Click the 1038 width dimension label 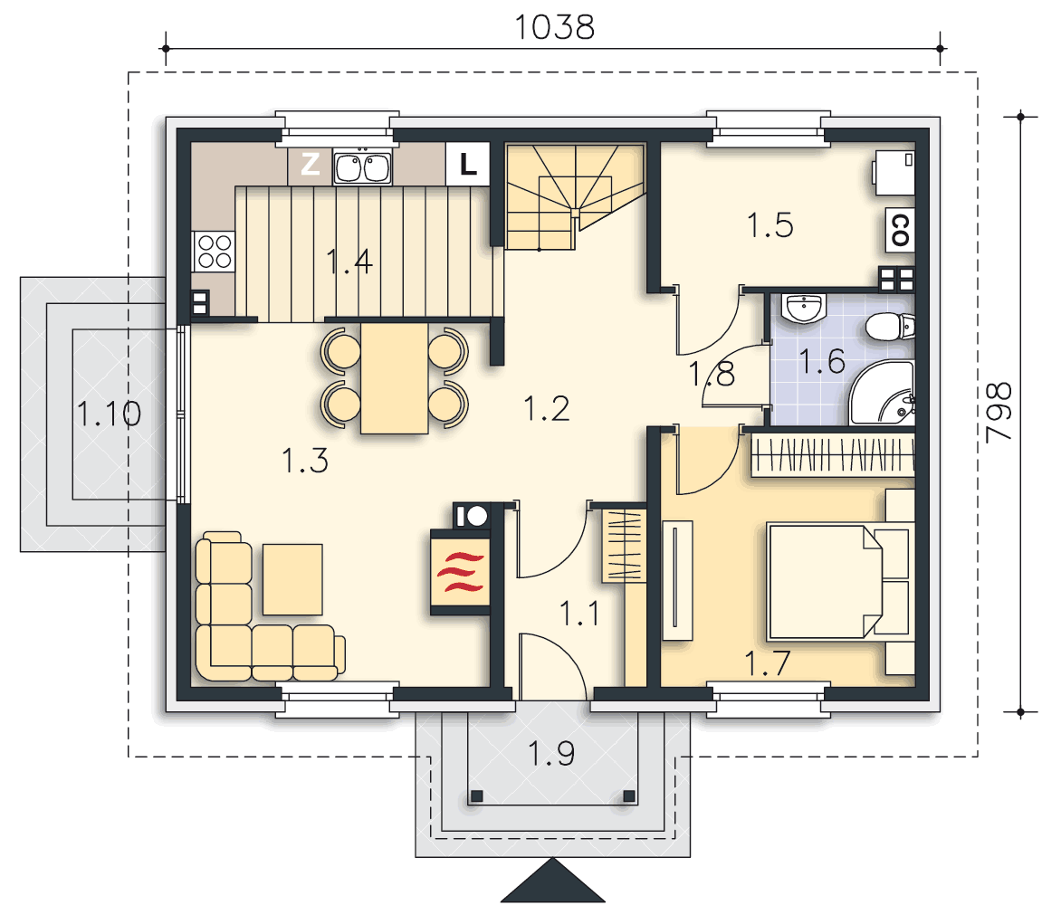[554, 28]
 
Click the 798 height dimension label [999, 412]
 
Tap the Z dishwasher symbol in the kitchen [311, 164]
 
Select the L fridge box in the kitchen [468, 164]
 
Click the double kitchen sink [362, 167]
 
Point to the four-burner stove [214, 252]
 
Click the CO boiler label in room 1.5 [900, 230]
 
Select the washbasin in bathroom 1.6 [804, 308]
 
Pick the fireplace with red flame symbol [461, 572]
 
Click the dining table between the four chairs [394, 378]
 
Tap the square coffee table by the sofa [292, 579]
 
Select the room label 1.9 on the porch [551, 754]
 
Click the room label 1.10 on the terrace [109, 414]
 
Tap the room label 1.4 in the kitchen [349, 262]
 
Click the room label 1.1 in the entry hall [579, 614]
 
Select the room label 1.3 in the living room [305, 462]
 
